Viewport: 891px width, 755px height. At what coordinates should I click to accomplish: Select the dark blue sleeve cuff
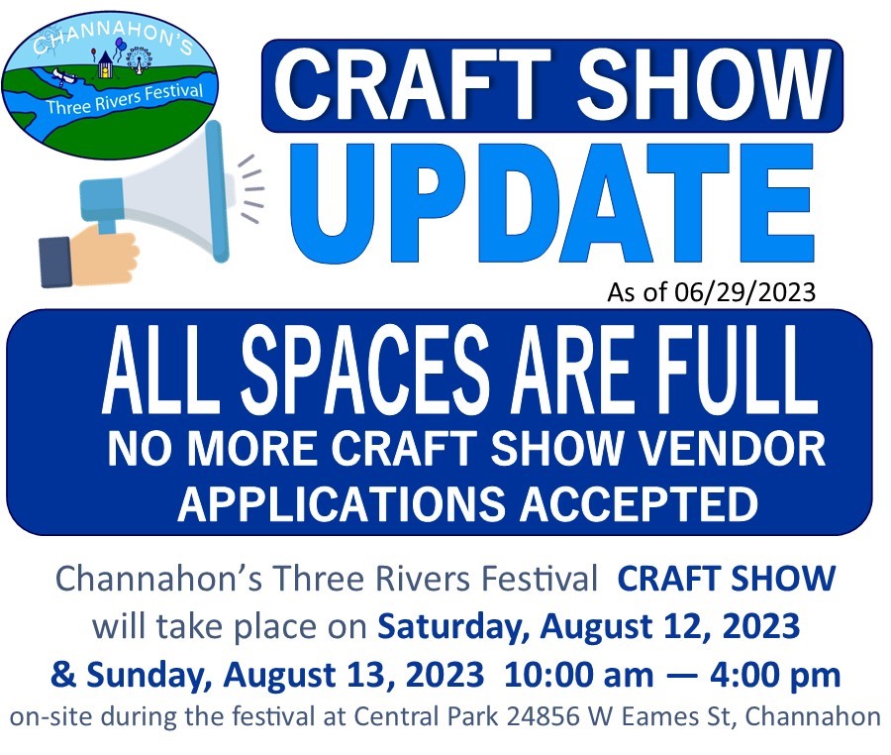[55, 263]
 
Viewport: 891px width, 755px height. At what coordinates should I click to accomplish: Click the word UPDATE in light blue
[551, 202]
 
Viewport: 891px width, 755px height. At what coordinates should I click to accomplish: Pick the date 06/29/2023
[744, 292]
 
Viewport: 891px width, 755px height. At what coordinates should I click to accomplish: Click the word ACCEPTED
[640, 503]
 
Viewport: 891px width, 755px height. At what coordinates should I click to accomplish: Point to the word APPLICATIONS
[341, 503]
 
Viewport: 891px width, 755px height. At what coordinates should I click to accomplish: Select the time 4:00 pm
[775, 676]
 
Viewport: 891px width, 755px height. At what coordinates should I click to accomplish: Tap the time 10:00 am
[578, 676]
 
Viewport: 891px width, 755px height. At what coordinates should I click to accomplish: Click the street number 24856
[543, 717]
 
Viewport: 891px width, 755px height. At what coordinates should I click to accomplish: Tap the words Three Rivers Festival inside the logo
[125, 99]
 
